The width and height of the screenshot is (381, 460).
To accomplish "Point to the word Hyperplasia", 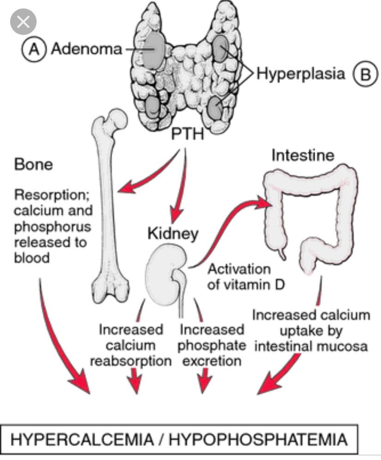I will [301, 74].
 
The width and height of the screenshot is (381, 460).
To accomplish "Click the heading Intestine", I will [302, 155].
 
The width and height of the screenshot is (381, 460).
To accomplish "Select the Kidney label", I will [173, 233].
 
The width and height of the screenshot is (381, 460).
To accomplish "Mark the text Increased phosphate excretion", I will [212, 345].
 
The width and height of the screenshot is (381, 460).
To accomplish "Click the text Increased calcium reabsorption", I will [131, 345].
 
